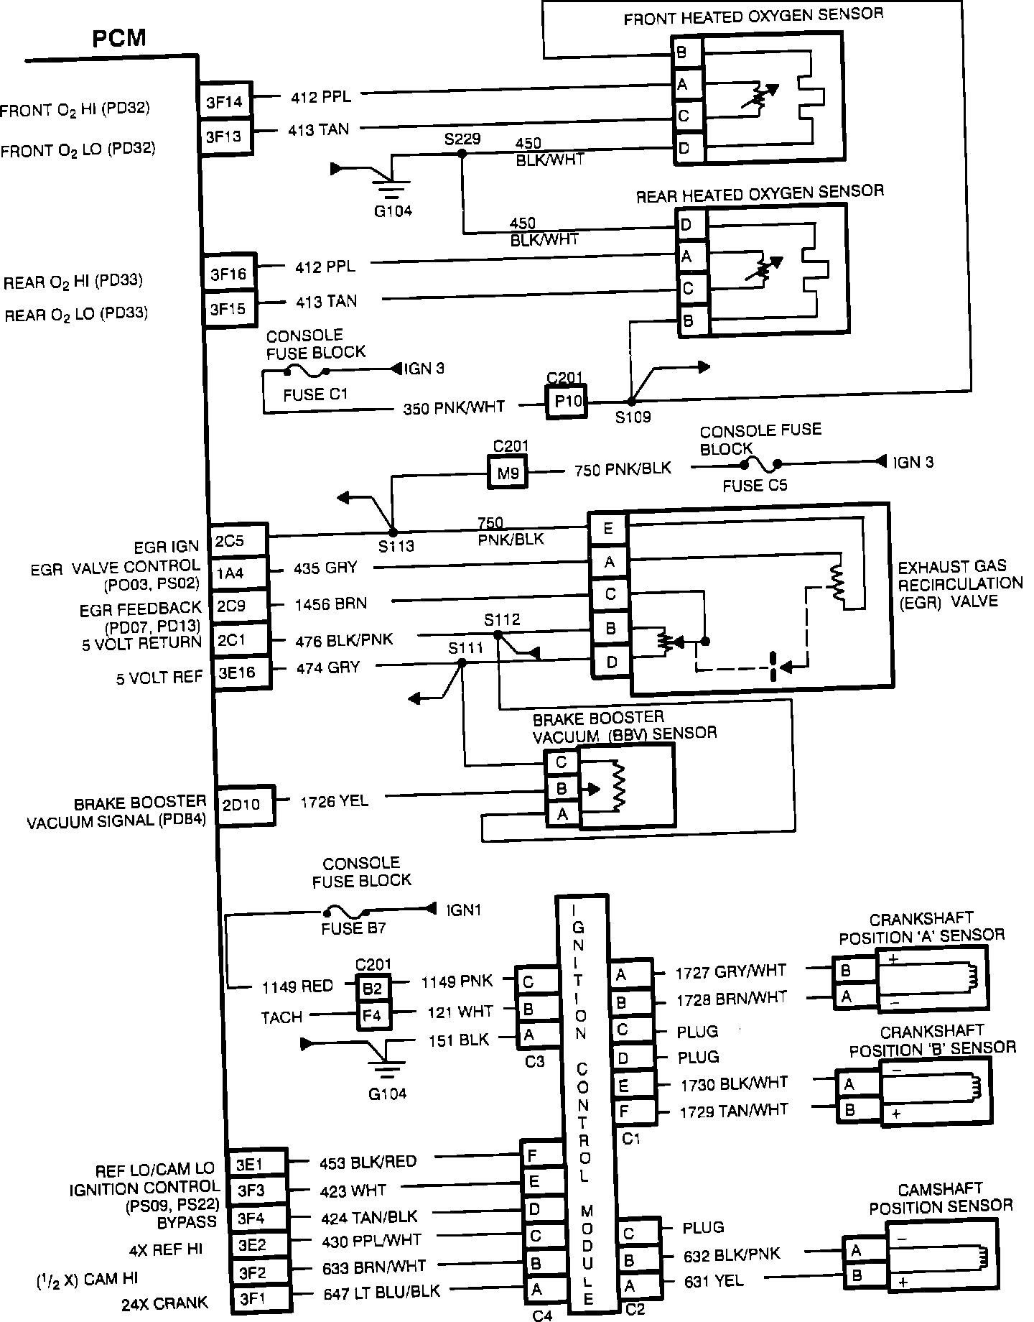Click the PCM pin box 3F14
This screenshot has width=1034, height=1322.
click(x=225, y=101)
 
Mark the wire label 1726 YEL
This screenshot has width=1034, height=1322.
click(x=334, y=800)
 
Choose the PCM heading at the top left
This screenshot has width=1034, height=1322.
click(x=119, y=38)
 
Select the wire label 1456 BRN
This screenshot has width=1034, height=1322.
click(x=330, y=604)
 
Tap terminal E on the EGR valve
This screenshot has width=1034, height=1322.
click(x=608, y=529)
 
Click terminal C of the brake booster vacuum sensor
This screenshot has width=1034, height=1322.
click(x=562, y=762)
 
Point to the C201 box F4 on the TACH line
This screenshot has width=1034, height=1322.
click(x=373, y=1016)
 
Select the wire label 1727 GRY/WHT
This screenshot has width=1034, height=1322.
click(x=730, y=973)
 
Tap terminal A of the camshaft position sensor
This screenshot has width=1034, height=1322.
click(x=856, y=1251)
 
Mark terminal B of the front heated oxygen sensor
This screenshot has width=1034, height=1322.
click(x=681, y=53)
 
